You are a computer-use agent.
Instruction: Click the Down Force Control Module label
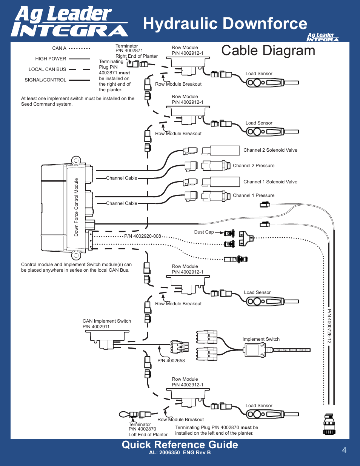(76, 208)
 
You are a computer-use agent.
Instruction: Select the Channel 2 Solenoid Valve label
(270, 150)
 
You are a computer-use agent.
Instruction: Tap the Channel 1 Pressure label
(254, 195)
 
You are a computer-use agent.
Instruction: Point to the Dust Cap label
(204, 232)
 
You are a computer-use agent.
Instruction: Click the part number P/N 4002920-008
(143, 236)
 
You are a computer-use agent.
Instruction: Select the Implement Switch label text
(261, 339)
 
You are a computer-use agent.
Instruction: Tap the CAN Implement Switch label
(107, 321)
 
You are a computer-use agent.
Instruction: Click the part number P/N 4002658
(171, 361)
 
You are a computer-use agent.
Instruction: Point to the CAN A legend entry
(59, 48)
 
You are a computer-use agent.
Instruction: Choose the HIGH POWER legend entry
(51, 59)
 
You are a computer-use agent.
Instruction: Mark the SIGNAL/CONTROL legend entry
(45, 80)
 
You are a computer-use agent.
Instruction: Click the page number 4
(344, 450)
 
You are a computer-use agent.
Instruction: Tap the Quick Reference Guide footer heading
(180, 444)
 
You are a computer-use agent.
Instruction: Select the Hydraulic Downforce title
(225, 23)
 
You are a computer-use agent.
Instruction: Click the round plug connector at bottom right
(329, 424)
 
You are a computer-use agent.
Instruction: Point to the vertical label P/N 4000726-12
(329, 326)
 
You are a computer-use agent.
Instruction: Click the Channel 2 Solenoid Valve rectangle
(225, 151)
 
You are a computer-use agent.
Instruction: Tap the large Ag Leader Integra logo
(69, 22)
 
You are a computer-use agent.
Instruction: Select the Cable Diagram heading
(268, 51)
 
